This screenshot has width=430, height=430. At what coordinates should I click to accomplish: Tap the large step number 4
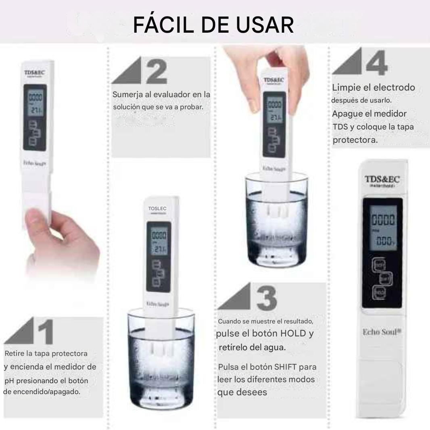[x=377, y=63]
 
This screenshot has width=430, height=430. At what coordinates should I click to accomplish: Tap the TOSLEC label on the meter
[x=157, y=209]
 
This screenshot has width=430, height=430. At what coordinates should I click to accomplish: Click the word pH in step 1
[x=10, y=381]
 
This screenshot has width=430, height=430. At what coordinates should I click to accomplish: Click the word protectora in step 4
[x=355, y=140]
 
